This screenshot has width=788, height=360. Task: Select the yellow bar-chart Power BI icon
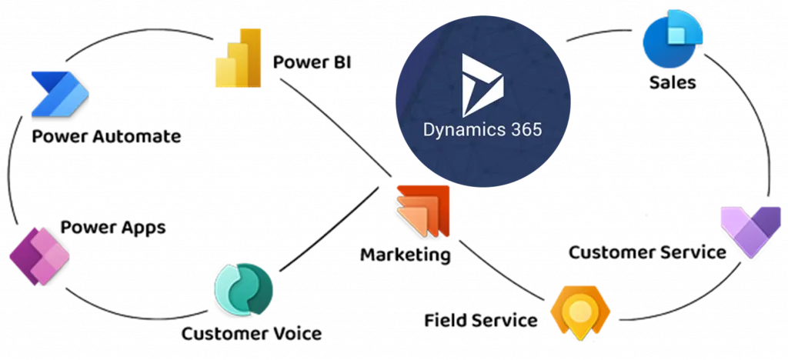(239, 58)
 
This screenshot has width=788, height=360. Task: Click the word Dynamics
(460, 128)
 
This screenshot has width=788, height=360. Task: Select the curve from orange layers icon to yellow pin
(500, 277)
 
